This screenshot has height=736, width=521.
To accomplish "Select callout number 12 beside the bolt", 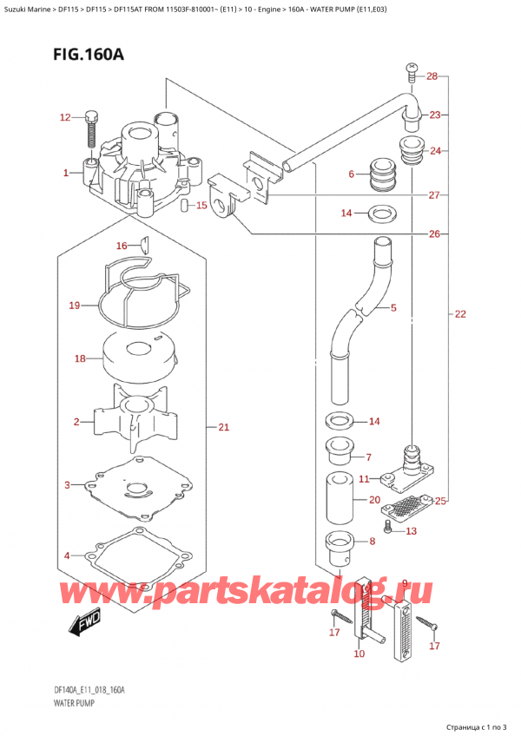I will (x=65, y=117).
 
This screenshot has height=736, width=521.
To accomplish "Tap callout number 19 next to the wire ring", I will (x=75, y=306).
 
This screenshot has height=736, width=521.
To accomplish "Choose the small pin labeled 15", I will (x=185, y=205).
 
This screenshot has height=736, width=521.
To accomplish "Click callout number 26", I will (x=435, y=233).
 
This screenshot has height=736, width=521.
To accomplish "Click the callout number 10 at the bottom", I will (x=359, y=654).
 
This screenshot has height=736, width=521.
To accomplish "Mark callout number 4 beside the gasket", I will (x=67, y=555).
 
